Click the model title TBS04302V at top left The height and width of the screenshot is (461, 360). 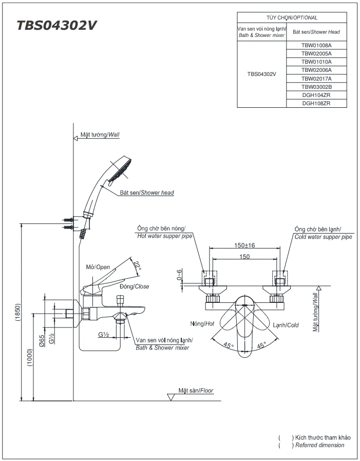56,26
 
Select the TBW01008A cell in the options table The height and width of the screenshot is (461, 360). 316,45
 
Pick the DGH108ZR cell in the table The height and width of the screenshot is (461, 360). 316,103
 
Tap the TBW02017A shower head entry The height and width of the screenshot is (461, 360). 316,79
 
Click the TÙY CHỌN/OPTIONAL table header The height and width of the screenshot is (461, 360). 292,17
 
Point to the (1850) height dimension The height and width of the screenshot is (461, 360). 17,312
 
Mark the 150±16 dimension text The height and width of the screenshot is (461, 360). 245,245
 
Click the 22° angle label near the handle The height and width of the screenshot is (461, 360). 136,265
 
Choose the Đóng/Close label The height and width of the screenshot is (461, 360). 135,286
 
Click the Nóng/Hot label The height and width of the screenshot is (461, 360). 201,324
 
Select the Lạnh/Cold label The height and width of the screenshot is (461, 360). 286,325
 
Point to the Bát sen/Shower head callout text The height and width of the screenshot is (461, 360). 147,193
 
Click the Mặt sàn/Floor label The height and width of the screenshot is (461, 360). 196,391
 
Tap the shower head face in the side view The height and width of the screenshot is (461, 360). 121,170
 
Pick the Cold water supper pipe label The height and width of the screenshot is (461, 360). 323,237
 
